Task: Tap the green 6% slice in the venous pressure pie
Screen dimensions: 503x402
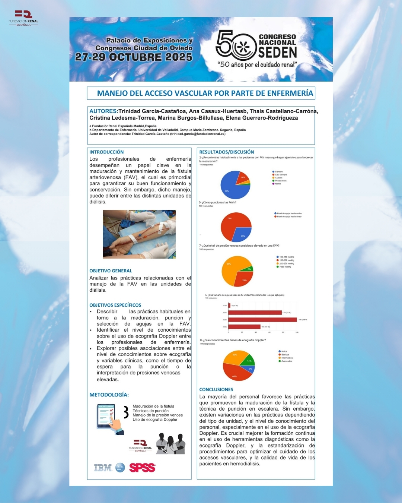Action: pos(249,269)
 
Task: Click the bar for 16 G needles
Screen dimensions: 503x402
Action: pos(255,313)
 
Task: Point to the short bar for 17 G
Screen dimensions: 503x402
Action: pos(229,306)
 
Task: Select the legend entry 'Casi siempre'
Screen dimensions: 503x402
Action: pos(281,175)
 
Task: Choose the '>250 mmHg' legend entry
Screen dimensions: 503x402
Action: pos(285,267)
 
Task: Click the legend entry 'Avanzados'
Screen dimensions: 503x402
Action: pos(286,361)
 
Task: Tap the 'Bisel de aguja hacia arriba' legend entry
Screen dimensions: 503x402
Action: pos(289,213)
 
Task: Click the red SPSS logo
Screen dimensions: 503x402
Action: pos(142,468)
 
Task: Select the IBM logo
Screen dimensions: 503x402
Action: pos(103,468)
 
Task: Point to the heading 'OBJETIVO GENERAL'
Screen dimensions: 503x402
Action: pos(111,271)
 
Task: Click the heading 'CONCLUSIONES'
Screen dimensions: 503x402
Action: pos(216,389)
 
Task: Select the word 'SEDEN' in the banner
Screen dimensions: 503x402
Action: pos(277,53)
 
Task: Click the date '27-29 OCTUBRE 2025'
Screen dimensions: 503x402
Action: pos(134,57)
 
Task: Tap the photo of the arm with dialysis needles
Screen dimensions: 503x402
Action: pos(139,234)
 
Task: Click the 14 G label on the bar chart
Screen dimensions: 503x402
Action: pos(224,327)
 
